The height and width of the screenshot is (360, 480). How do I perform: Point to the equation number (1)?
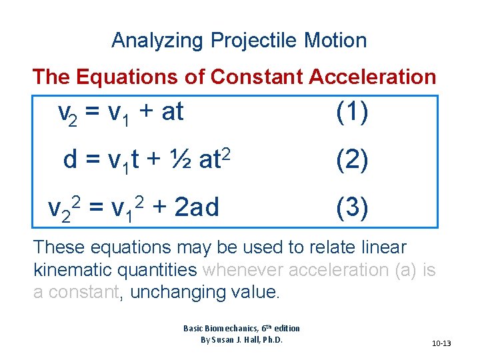352,113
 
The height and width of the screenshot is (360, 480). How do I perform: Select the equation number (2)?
352,161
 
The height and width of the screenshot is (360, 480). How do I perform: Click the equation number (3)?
352,208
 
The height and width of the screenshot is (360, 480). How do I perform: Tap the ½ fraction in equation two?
182,160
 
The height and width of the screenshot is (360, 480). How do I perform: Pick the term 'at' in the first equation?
172,113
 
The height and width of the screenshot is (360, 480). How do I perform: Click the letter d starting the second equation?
69,161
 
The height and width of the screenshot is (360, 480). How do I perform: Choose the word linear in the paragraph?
383,247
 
